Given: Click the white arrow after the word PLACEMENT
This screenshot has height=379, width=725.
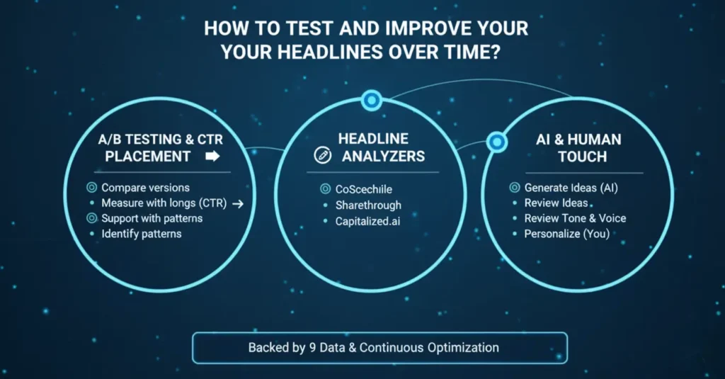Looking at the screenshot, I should (212, 157).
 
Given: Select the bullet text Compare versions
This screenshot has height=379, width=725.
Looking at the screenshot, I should (145, 188).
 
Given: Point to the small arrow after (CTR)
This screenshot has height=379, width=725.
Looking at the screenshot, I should (238, 204).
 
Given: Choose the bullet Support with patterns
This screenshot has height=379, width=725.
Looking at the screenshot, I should (152, 218).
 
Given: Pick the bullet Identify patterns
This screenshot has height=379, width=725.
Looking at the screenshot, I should (142, 233).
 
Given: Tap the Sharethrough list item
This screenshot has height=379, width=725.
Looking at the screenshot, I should (368, 205).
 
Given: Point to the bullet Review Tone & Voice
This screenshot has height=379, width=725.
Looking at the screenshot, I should (575, 218).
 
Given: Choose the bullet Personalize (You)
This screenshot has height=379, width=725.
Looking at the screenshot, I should (566, 233).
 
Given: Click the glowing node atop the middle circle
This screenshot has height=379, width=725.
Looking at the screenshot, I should (371, 101).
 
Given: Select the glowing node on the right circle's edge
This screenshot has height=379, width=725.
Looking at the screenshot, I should (497, 142).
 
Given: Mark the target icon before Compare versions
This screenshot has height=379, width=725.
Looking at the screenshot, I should (91, 188).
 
